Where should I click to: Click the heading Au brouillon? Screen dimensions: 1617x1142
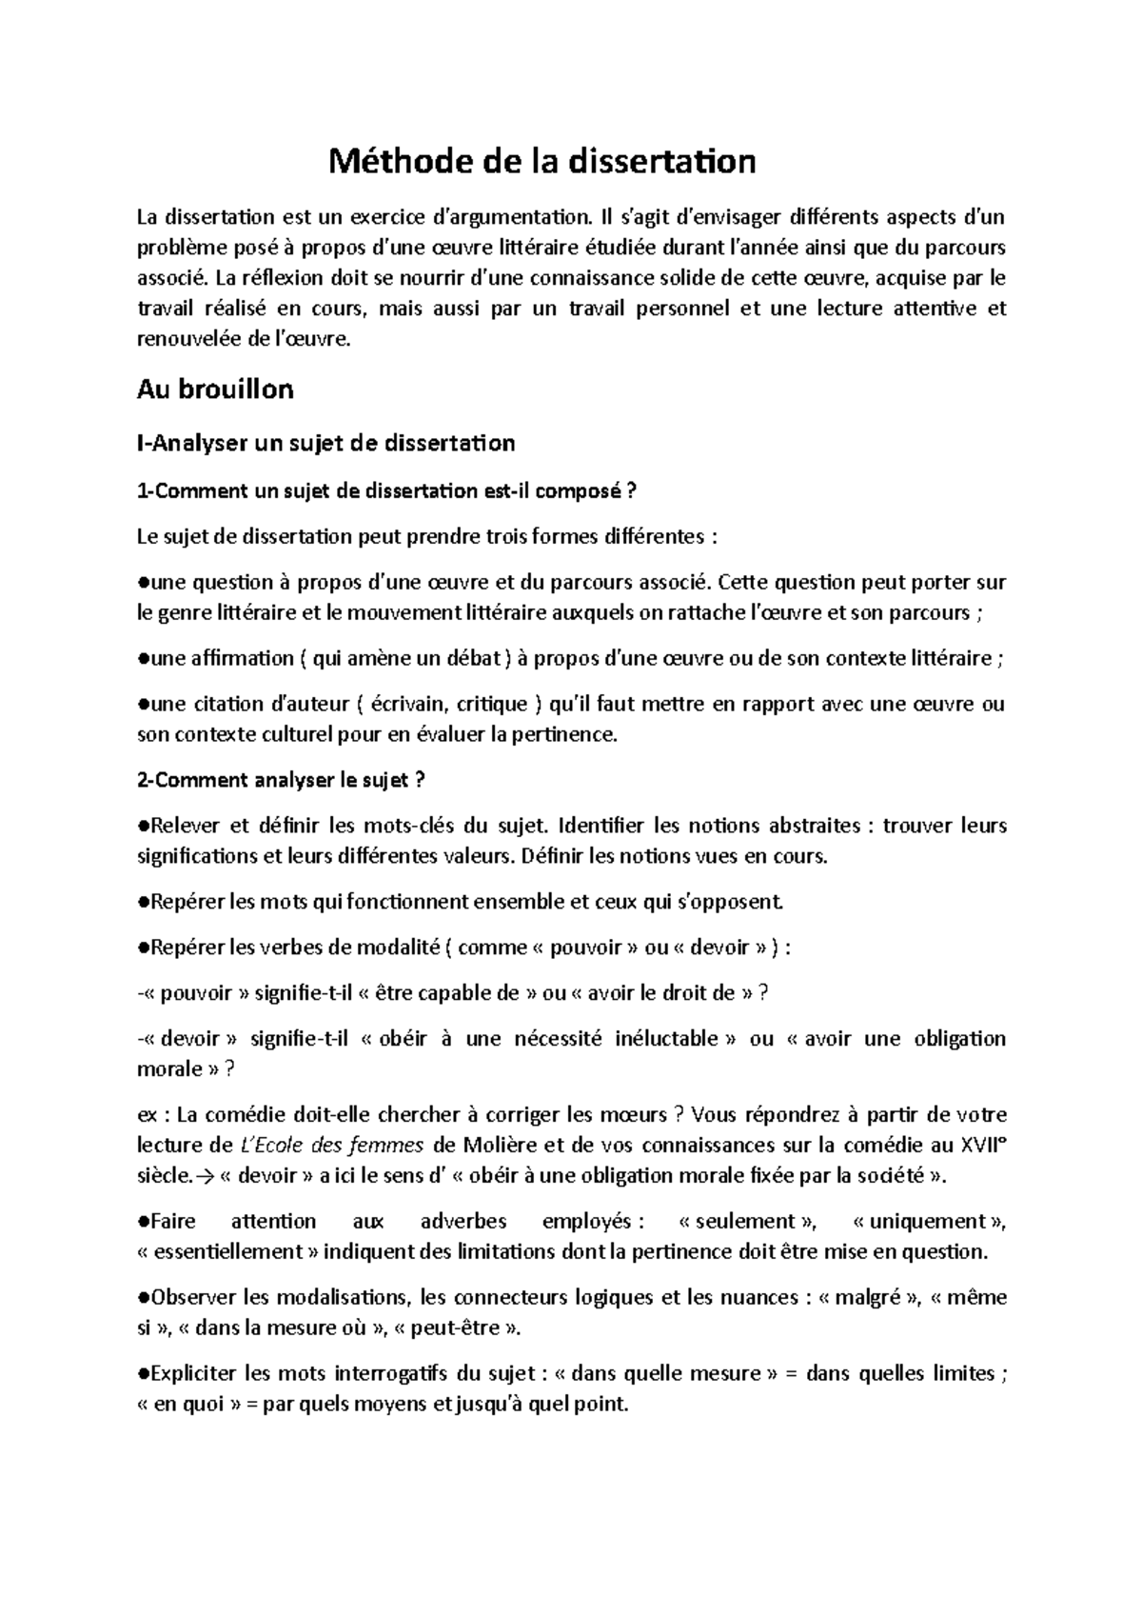click(215, 389)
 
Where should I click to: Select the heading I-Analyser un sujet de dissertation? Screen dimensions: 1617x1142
click(326, 443)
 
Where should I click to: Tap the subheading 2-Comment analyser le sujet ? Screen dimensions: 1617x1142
click(281, 780)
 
